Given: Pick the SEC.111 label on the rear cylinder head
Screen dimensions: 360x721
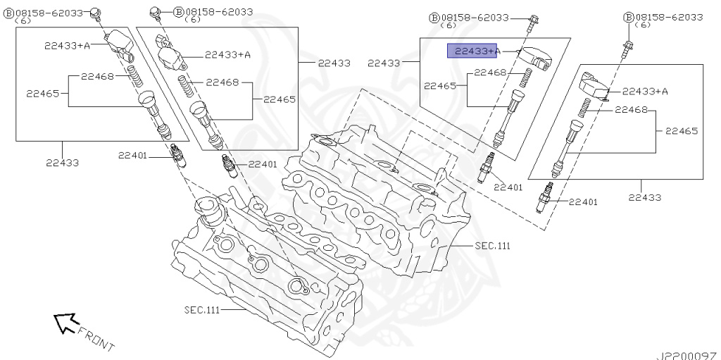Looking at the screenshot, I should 491,246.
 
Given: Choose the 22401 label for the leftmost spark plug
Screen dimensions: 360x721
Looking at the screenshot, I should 132,155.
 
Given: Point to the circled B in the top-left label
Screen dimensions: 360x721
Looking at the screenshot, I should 8,13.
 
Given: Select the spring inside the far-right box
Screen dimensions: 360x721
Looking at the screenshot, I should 584,107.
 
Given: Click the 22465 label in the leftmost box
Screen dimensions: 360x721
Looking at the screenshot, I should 42,92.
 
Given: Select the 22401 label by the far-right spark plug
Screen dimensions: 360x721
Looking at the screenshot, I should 583,202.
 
